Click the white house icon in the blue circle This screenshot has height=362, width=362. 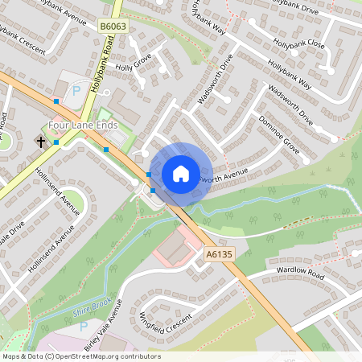point(181,173)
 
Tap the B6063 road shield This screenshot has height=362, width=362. point(112,27)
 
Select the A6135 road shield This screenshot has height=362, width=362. point(219,253)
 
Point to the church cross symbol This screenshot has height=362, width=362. point(40,142)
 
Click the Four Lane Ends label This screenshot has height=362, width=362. point(83,125)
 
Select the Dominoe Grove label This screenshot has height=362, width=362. point(279,134)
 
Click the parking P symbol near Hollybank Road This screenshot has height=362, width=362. point(76,91)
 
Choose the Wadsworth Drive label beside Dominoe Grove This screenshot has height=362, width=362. point(290,104)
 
